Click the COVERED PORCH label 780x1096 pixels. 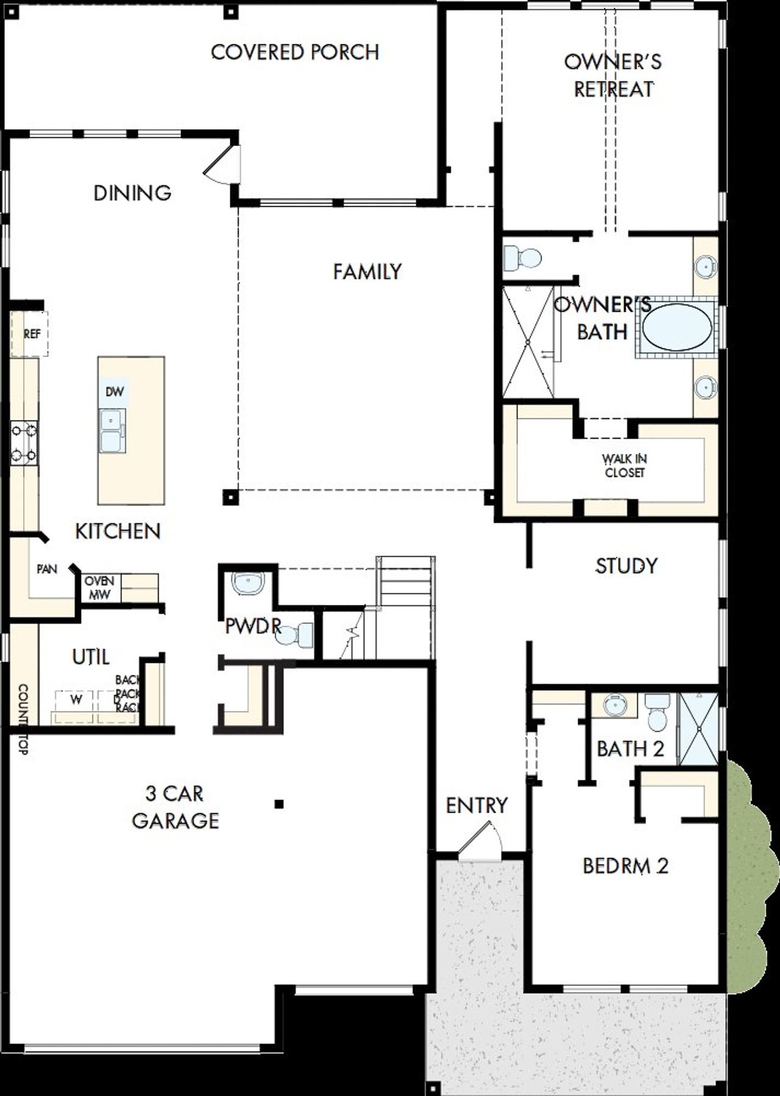point(295,52)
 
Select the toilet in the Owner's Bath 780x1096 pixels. point(522,258)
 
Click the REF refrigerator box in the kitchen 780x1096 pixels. point(31,334)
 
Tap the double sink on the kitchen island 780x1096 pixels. point(113,430)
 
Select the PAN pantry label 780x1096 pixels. point(47,569)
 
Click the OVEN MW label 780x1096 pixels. point(99,587)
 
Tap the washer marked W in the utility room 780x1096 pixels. point(76,701)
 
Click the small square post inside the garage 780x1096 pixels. point(278,804)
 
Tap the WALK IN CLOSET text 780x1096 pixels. point(624,465)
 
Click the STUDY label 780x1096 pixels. point(626,566)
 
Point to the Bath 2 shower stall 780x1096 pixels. point(698,729)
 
